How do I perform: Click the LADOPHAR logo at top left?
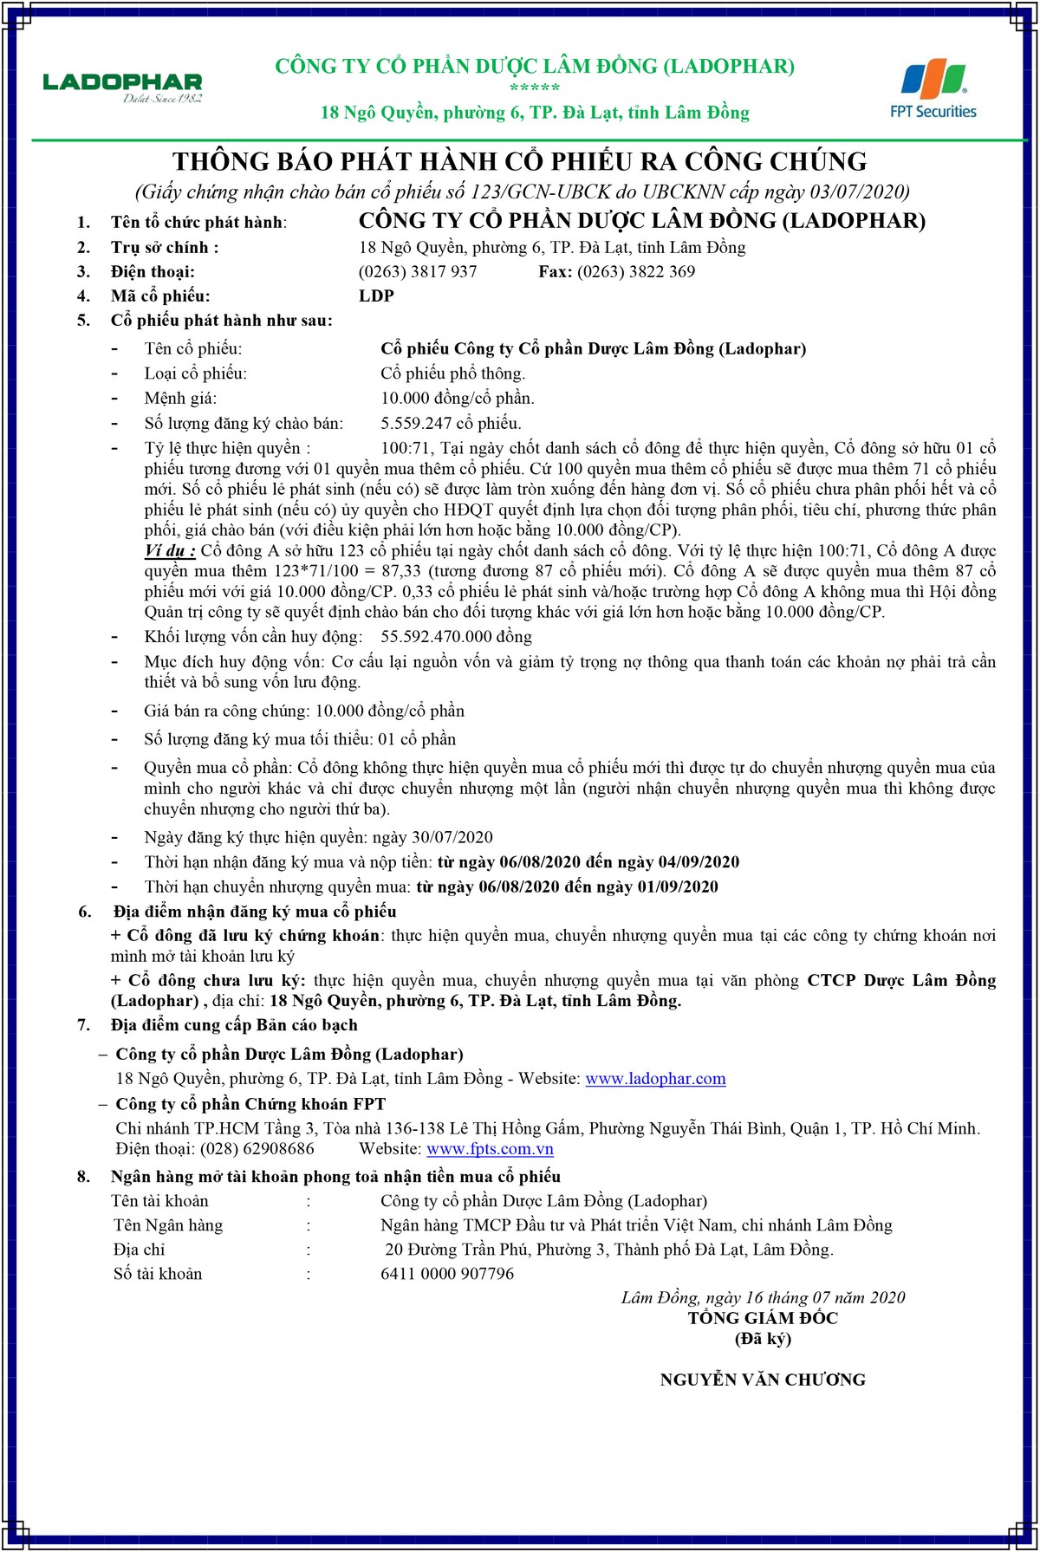[122, 87]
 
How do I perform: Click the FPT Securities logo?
[933, 89]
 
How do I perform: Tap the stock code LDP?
[376, 296]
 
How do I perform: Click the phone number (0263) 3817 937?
[418, 272]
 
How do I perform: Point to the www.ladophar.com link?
[655, 1079]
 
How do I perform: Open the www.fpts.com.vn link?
[490, 1149]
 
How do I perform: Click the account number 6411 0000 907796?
[447, 1274]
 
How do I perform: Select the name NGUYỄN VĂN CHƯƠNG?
[763, 1380]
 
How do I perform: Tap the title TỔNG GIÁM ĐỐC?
[763, 1318]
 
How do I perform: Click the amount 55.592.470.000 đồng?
[457, 637]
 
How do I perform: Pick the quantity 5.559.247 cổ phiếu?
[451, 424]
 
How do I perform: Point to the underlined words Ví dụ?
[169, 551]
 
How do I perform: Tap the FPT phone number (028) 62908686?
[257, 1149]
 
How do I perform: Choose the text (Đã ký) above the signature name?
[763, 1339]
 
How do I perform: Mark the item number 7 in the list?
[84, 1026]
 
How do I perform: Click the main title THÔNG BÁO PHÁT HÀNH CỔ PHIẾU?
[519, 162]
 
